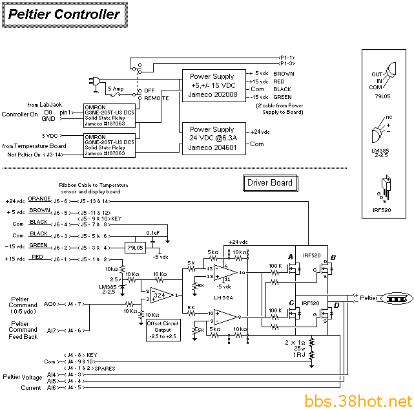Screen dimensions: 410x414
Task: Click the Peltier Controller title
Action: (x=65, y=14)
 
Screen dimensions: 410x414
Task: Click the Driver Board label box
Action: (x=270, y=183)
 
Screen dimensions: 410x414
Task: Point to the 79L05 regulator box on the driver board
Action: (x=136, y=248)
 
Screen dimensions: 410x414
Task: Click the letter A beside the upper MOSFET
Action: (x=290, y=257)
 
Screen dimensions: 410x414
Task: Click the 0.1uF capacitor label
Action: (x=153, y=232)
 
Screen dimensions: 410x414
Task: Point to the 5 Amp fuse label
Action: (x=116, y=88)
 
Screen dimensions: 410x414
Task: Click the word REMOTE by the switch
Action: (x=157, y=98)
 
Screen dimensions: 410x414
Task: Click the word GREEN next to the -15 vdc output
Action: (x=283, y=97)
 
